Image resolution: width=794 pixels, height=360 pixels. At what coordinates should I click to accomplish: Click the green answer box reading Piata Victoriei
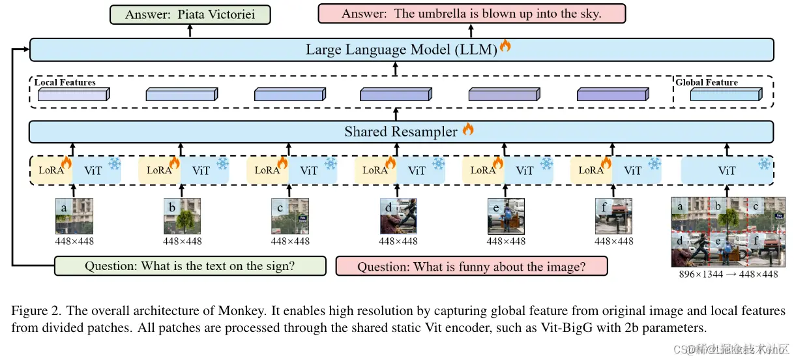(191, 14)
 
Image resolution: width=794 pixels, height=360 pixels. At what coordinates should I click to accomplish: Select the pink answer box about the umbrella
(471, 14)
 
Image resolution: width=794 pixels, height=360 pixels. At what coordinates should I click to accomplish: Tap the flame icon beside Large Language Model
(505, 46)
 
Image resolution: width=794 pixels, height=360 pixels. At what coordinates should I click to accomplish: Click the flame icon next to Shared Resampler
(468, 129)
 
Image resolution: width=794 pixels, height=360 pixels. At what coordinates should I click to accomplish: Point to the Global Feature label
(707, 83)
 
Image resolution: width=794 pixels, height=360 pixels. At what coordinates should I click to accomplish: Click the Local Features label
(65, 83)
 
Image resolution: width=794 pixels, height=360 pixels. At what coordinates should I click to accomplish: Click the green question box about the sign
(190, 266)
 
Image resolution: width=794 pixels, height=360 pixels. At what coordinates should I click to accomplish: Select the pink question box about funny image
(471, 266)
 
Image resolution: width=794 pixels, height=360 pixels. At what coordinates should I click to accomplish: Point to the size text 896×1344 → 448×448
(728, 275)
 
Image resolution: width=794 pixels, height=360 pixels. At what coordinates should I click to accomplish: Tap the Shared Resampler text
(400, 132)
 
